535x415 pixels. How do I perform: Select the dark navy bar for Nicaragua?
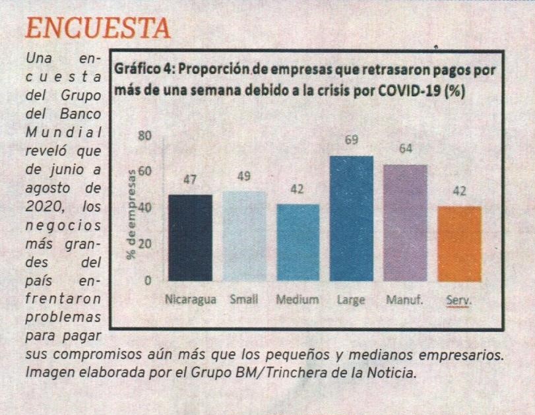[x=190, y=238]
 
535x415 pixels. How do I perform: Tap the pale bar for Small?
[x=243, y=236]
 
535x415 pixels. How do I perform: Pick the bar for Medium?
[x=297, y=242]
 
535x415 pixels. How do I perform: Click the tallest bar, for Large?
[x=351, y=218]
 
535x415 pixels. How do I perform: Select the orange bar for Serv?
[x=459, y=243]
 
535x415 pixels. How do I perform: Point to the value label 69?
[x=351, y=141]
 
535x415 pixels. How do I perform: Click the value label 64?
[x=405, y=149]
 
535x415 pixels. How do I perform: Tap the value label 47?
[x=190, y=179]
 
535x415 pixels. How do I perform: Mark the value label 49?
[x=243, y=176]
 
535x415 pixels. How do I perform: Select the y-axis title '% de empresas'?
[x=132, y=212]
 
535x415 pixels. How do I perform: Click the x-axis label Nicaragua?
[x=190, y=300]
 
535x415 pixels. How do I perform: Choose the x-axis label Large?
[x=351, y=300]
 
